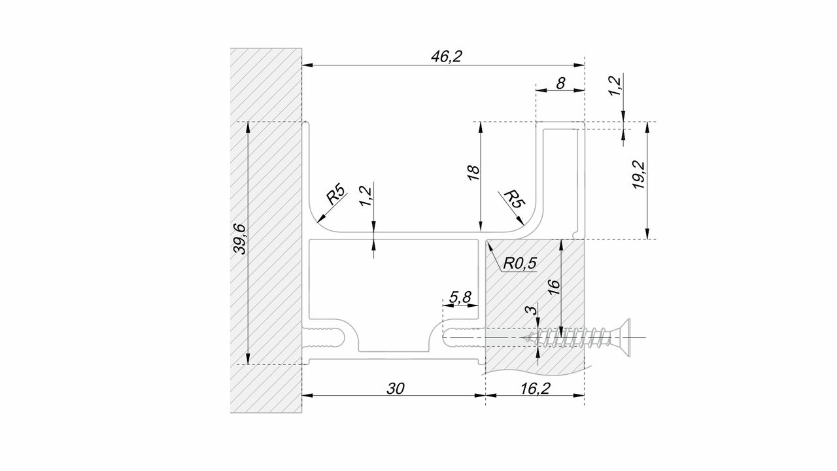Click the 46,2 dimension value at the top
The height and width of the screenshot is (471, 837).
point(447,56)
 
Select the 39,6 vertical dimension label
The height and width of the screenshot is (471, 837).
point(239,239)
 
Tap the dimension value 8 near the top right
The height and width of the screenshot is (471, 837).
point(560,83)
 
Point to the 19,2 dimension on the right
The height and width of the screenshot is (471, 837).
point(639,175)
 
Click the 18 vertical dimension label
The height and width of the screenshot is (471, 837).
point(473,173)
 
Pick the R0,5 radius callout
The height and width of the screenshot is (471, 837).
point(520,263)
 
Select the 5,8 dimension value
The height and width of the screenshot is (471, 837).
point(460,298)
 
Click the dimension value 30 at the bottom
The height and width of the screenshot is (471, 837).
point(396,389)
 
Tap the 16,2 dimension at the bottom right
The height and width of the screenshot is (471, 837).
point(536,389)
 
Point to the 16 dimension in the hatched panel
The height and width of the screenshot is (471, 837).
point(554,287)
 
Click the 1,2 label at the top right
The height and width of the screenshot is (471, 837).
point(615,86)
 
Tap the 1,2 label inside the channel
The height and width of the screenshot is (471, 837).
point(365,196)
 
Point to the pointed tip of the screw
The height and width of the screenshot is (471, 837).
point(522,338)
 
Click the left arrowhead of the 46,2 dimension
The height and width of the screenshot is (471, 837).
point(307,65)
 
